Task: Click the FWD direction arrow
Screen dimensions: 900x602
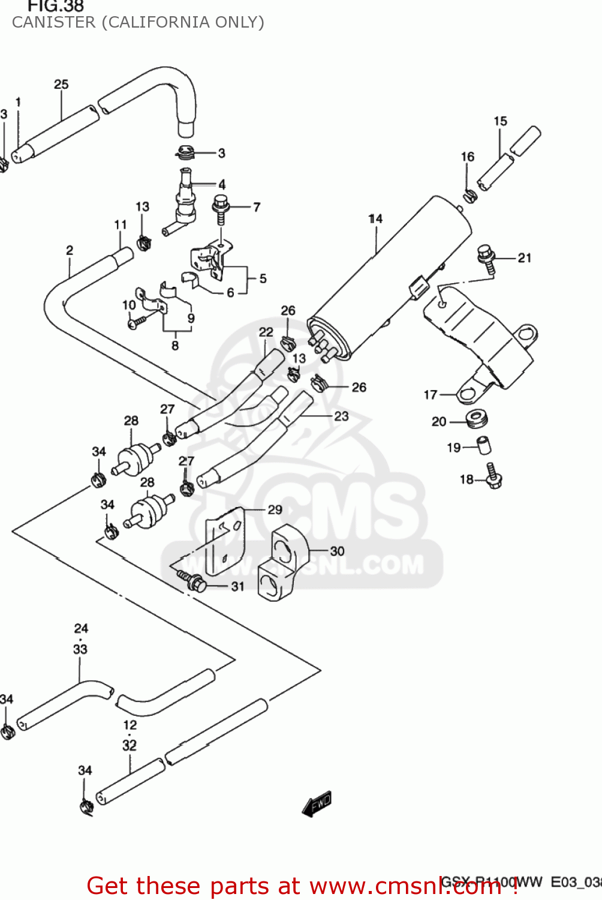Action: [x=317, y=804]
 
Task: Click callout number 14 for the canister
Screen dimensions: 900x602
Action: [x=375, y=219]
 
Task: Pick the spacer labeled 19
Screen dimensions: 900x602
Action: [x=484, y=445]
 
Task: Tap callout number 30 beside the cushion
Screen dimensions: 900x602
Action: [x=337, y=551]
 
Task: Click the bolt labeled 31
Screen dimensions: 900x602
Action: [x=194, y=581]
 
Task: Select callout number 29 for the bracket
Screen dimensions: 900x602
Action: [x=275, y=510]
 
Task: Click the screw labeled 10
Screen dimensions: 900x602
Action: [x=136, y=322]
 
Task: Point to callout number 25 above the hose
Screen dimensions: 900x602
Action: [x=61, y=85]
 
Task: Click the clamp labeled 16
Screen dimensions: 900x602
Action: [x=469, y=194]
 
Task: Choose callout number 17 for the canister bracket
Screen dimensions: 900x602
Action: [x=431, y=395]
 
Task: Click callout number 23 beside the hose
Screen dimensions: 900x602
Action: [x=341, y=416]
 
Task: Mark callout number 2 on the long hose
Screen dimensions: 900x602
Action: [x=70, y=250]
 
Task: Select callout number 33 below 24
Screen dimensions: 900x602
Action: [x=80, y=649]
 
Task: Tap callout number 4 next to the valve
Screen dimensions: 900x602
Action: [x=222, y=184]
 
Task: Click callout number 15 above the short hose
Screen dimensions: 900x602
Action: [x=500, y=121]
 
